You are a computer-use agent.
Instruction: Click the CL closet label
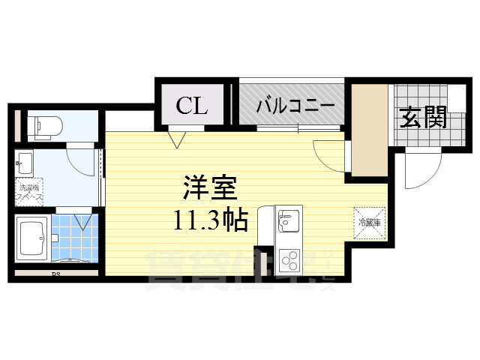pos(192,106)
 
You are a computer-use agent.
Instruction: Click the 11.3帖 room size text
pos(211,221)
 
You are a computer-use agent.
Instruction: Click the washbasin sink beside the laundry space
pos(25,163)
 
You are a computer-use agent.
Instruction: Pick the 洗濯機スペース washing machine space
pos(30,193)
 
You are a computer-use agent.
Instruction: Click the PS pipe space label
pos(55,274)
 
